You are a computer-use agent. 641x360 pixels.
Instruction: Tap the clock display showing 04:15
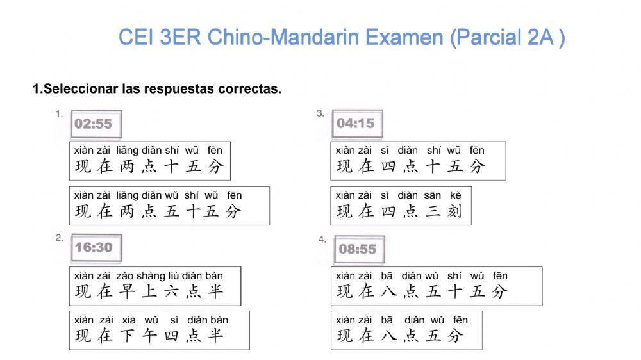point(355,123)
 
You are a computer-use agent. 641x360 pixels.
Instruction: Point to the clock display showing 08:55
point(357,249)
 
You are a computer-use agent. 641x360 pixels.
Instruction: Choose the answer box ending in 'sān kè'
point(401,205)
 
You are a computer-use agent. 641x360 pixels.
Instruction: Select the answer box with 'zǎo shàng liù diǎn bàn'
point(155,286)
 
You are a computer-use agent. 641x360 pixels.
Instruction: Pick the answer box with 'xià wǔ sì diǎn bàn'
point(159,330)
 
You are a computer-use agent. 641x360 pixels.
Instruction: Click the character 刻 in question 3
point(454,211)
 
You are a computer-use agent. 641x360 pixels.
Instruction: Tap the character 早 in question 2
point(127,292)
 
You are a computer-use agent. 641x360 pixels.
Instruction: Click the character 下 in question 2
point(127,336)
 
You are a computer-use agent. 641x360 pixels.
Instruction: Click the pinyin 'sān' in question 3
point(433,195)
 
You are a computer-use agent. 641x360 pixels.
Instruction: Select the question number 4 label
point(322,240)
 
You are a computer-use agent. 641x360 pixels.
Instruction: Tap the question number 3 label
point(320,113)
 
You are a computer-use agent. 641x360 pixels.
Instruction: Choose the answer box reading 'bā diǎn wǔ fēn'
point(406,330)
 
